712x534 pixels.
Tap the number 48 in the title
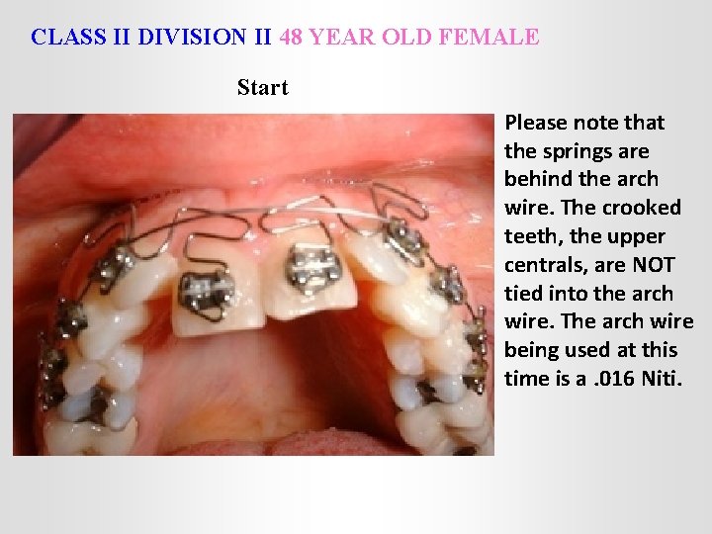(x=292, y=38)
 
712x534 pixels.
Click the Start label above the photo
(x=262, y=87)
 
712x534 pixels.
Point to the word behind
(x=538, y=180)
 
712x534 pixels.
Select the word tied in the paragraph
(x=523, y=294)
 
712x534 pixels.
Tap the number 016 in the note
(x=623, y=379)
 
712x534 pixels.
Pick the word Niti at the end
(x=670, y=379)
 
